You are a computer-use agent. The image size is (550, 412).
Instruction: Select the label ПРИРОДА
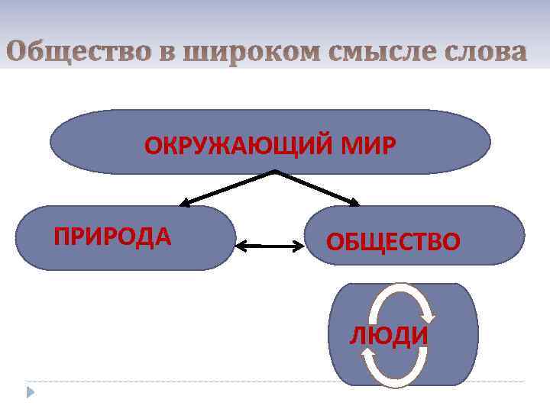pyautogui.click(x=112, y=237)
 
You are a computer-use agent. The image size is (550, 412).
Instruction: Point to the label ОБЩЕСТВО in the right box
pyautogui.click(x=393, y=242)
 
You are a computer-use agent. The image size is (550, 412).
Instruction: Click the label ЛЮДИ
pyautogui.click(x=388, y=336)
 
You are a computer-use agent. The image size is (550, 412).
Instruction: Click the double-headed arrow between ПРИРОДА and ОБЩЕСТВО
pyautogui.click(x=270, y=246)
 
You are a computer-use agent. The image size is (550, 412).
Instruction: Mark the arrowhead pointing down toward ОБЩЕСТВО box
pyautogui.click(x=354, y=202)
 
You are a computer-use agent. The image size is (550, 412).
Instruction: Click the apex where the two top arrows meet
pyautogui.click(x=275, y=171)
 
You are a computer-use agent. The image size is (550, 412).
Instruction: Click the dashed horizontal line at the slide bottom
pyautogui.click(x=275, y=381)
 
